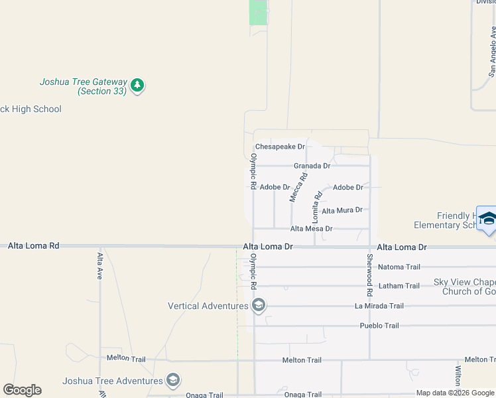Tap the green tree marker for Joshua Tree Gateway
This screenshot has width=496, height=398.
point(137,85)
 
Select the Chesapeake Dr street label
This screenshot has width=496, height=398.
point(280,147)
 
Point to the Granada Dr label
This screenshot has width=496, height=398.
point(312,166)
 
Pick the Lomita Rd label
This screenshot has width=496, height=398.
point(318,206)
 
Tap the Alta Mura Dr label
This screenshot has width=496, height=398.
point(342,210)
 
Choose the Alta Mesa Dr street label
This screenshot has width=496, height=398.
point(311,229)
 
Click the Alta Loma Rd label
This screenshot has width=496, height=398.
point(34,245)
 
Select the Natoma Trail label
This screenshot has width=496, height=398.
point(399,267)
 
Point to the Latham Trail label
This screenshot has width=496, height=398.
point(399,286)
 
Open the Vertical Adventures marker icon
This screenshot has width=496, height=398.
point(259,306)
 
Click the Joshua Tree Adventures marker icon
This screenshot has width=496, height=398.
point(173,380)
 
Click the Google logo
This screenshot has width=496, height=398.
point(22,390)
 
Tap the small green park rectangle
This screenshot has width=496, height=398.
point(258,12)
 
